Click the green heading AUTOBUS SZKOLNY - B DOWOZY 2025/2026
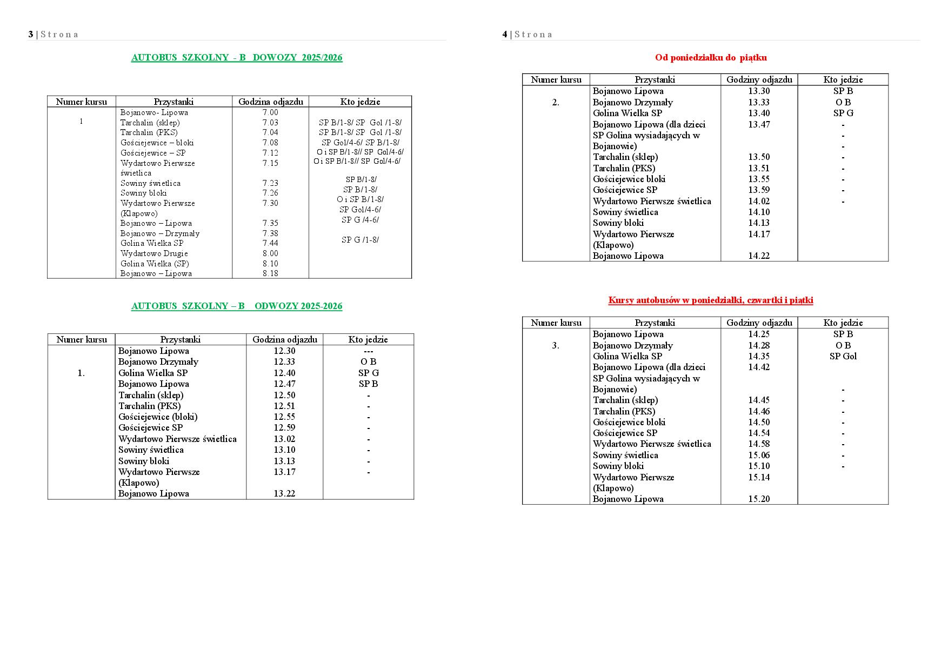tap(237, 58)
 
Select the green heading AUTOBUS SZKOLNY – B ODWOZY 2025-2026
tap(237, 306)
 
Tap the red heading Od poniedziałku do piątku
tap(711, 58)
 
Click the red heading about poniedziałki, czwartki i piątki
tap(711, 300)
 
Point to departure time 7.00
tap(270, 112)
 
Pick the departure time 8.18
tap(270, 273)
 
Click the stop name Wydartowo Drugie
tap(154, 253)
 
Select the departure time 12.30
tap(284, 351)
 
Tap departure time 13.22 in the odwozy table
tap(284, 494)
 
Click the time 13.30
tap(759, 91)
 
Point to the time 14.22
tap(759, 256)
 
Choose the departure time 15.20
tap(759, 499)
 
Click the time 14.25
tap(759, 334)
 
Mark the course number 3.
tap(556, 346)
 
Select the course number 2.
tap(556, 103)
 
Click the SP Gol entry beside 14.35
tap(843, 357)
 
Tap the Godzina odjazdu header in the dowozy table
tap(271, 102)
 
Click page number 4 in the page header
tap(505, 35)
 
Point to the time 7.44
tap(270, 243)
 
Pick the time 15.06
tap(759, 455)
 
